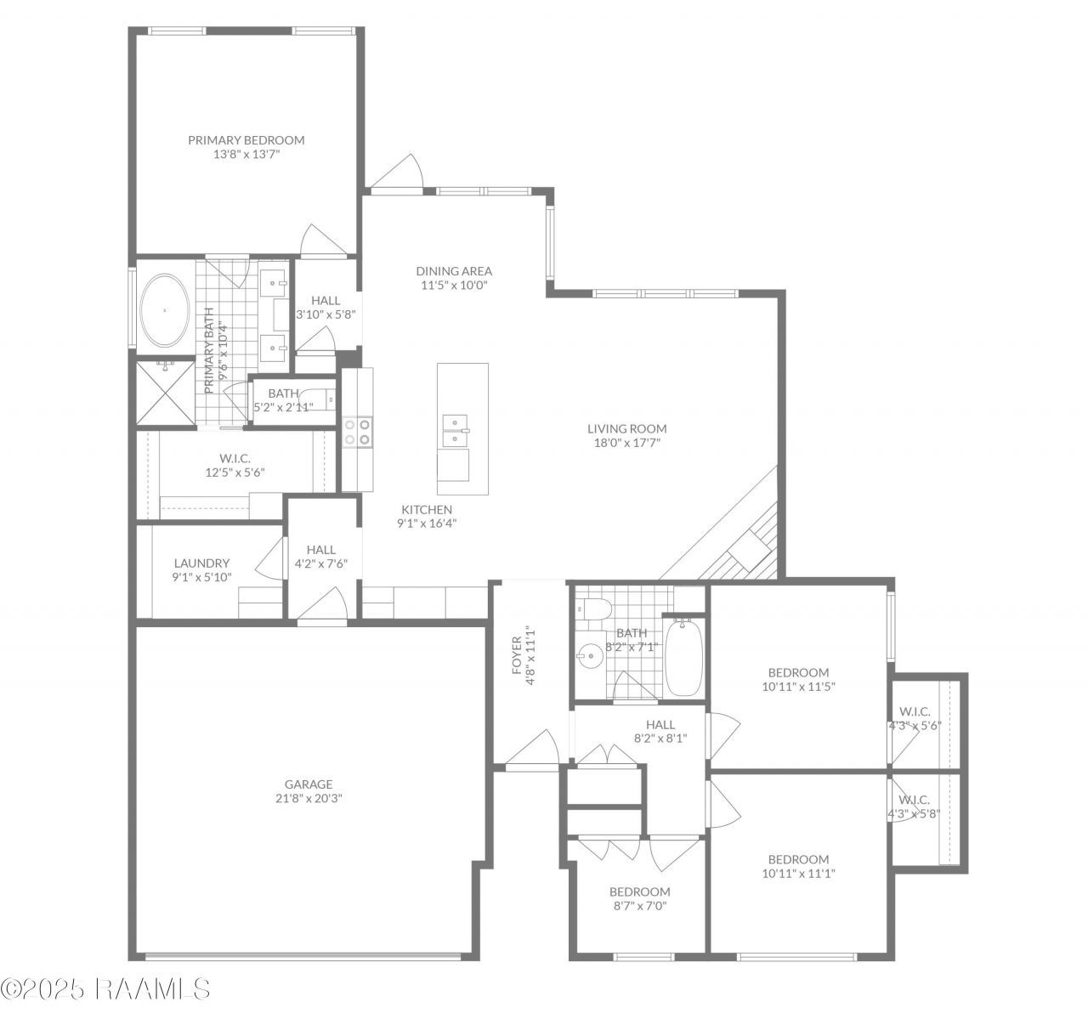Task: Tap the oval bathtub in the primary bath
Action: (x=165, y=310)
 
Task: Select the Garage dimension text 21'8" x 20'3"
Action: (x=309, y=798)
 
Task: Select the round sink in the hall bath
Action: (x=591, y=656)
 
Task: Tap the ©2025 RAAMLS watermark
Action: (x=105, y=988)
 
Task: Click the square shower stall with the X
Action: (x=166, y=393)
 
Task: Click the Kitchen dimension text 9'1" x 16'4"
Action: (x=427, y=523)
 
